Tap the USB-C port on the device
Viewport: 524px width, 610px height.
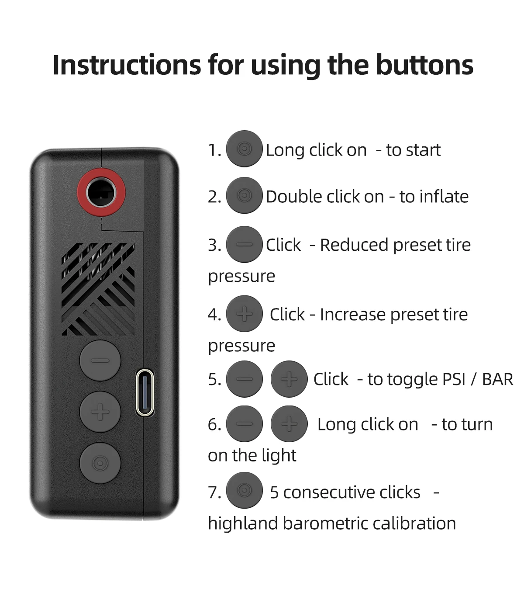(145, 392)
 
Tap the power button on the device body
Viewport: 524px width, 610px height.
(100, 463)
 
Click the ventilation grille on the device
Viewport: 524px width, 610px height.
(98, 289)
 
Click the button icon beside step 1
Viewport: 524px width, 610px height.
(245, 149)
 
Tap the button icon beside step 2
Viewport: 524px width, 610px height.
(245, 195)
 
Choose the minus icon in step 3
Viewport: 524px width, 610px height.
(245, 244)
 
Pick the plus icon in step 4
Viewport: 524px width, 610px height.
(245, 314)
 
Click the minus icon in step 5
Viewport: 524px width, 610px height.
(245, 379)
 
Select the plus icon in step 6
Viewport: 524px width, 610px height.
(289, 424)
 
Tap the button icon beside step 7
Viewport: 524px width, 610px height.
(245, 490)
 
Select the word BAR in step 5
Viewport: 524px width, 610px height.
(497, 379)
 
